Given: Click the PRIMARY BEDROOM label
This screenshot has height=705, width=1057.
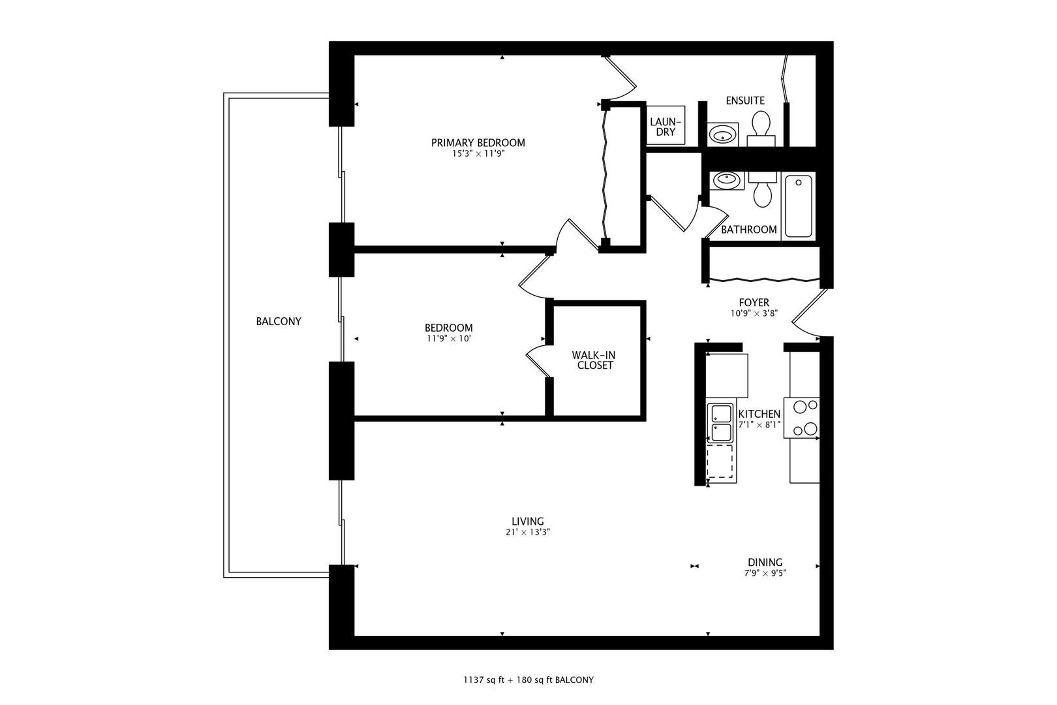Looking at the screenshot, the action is (x=478, y=142).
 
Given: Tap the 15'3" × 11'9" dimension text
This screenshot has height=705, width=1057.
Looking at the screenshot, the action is (x=478, y=154).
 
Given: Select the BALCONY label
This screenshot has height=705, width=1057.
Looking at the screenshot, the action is (x=279, y=322).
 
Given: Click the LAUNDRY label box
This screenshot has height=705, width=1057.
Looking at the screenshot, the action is (x=666, y=125).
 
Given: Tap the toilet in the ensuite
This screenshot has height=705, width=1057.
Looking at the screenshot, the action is (x=761, y=129).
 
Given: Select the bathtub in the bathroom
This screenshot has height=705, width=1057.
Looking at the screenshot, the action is (x=799, y=206).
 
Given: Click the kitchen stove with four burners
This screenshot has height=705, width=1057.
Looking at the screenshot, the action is (x=802, y=418).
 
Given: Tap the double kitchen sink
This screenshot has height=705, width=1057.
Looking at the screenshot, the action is (x=721, y=423).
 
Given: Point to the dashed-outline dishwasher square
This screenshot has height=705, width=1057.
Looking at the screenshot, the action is (x=720, y=461).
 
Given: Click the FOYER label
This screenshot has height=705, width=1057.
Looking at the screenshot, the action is (x=754, y=303).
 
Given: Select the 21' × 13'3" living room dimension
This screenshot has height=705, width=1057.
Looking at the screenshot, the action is (x=528, y=532).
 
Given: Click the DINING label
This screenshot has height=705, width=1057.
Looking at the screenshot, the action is (x=765, y=563).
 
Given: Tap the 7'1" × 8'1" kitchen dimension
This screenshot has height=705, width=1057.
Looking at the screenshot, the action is (x=759, y=425).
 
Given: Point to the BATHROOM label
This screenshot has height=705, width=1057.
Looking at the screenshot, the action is (x=749, y=230).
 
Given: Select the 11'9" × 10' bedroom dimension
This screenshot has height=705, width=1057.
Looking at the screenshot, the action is (x=449, y=339).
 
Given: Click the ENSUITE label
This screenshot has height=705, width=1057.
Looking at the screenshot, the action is (x=745, y=101).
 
